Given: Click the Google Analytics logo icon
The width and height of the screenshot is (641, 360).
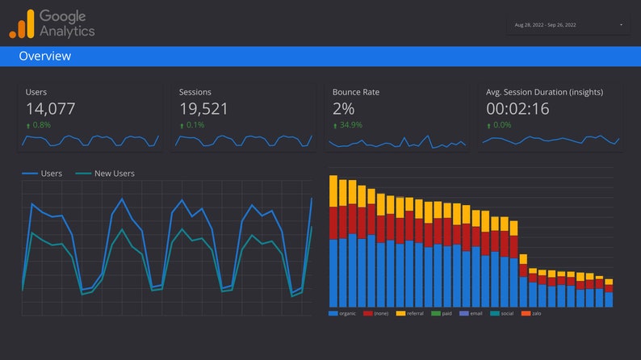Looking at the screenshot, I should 22,24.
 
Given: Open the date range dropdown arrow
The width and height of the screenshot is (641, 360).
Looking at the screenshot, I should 621,25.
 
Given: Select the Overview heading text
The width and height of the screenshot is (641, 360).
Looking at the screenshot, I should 44,57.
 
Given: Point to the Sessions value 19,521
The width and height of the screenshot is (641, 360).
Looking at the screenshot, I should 203,109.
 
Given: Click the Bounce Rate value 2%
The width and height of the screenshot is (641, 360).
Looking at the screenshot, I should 343,109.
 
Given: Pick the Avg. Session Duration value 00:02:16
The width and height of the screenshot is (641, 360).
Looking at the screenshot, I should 518,109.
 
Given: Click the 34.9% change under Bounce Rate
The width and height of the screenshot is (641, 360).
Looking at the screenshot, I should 350,126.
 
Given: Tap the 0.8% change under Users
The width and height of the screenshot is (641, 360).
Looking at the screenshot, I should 40,126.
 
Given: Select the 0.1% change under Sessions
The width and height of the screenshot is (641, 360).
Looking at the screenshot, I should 194,126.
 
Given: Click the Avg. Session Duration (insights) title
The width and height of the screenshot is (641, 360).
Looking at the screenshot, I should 544,92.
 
